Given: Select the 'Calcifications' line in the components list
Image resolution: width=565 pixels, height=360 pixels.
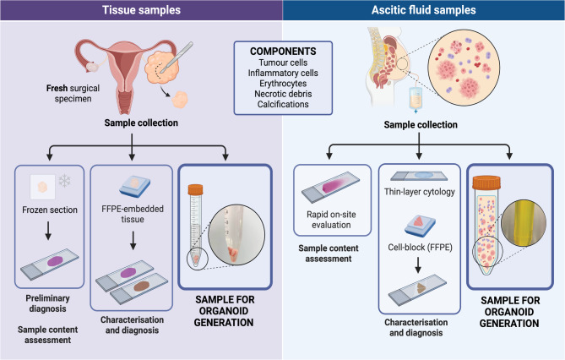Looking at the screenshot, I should point(283,106).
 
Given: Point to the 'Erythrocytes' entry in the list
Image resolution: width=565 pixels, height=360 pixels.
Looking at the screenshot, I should point(283,84).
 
